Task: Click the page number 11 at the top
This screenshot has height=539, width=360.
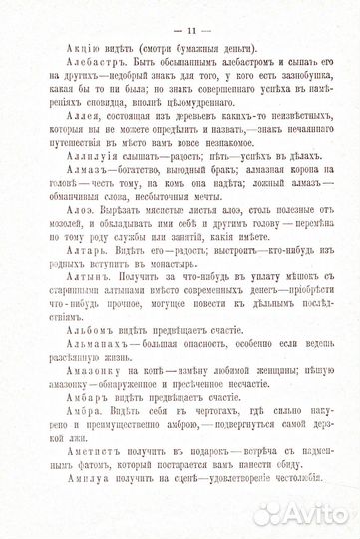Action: point(181,21)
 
